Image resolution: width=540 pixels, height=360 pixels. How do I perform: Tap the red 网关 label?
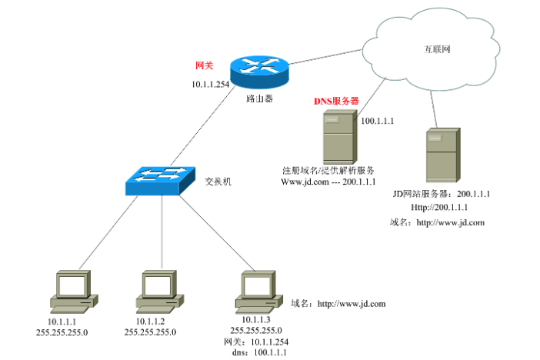coord(204,66)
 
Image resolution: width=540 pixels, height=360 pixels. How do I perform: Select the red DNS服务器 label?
coord(336,101)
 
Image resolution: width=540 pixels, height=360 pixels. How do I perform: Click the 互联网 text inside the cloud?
coord(437,48)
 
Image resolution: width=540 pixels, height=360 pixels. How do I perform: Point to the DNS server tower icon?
coord(338,136)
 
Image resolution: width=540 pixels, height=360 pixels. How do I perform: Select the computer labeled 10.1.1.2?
coord(162,291)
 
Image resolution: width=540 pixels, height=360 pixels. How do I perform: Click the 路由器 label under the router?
coord(259,100)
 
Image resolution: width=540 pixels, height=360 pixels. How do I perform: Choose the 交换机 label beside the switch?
coord(218,182)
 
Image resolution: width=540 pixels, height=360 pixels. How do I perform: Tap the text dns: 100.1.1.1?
coord(258,352)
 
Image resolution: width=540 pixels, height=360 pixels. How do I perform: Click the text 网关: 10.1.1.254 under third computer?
coord(257,341)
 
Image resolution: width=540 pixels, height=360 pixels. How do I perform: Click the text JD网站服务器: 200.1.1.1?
coord(442,195)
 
